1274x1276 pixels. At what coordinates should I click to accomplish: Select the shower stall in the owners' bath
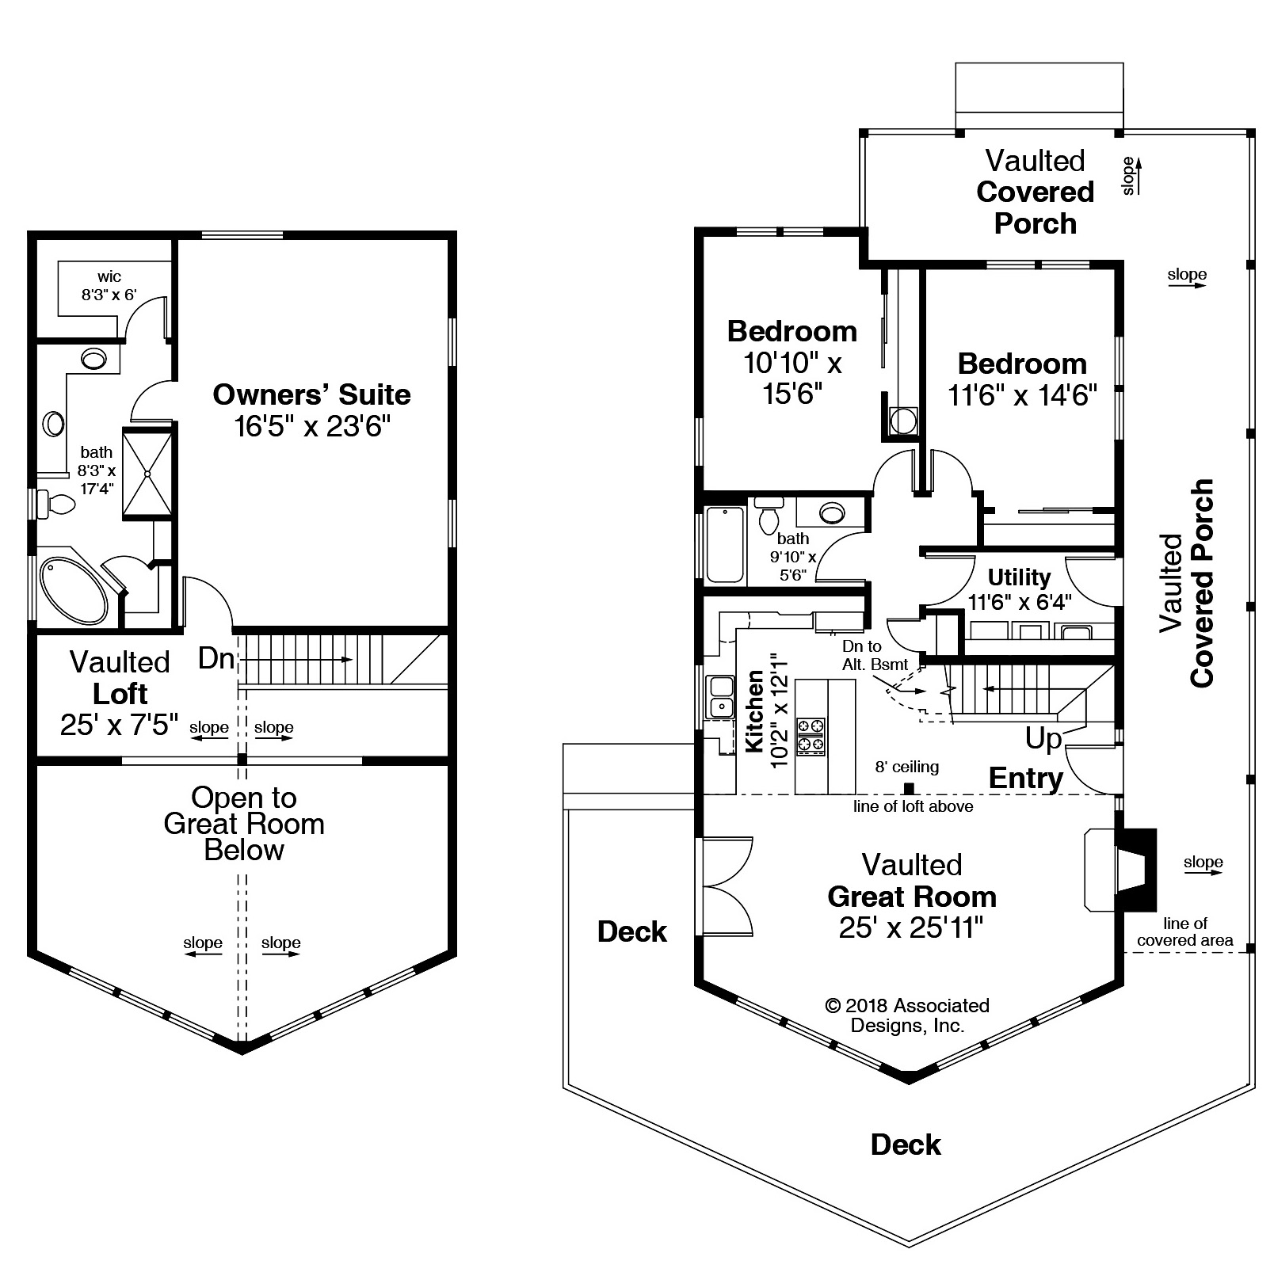tap(147, 474)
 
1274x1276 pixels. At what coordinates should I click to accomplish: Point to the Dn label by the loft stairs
tap(216, 657)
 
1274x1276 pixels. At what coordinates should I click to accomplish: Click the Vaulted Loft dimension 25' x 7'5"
tap(119, 725)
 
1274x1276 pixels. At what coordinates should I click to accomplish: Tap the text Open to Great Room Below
tap(244, 824)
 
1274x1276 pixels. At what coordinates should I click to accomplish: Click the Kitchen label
tap(755, 710)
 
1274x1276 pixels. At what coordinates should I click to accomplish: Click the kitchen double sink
tap(721, 696)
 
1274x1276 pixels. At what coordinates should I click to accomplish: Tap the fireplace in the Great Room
tap(1120, 869)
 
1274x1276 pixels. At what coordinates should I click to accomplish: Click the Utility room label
tap(1019, 577)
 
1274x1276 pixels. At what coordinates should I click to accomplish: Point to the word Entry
tap(1026, 778)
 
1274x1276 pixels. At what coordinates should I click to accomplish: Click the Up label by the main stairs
tap(1043, 738)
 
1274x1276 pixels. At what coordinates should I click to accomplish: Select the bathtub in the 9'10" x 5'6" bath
tap(726, 544)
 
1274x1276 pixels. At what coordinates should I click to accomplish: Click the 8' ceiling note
tap(907, 767)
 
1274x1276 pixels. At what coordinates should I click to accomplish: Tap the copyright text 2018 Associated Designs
tap(908, 1015)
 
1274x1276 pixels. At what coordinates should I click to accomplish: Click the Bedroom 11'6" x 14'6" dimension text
tap(1023, 394)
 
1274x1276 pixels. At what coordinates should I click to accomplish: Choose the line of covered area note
tap(1185, 931)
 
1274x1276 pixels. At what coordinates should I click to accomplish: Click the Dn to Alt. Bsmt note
tap(875, 655)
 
